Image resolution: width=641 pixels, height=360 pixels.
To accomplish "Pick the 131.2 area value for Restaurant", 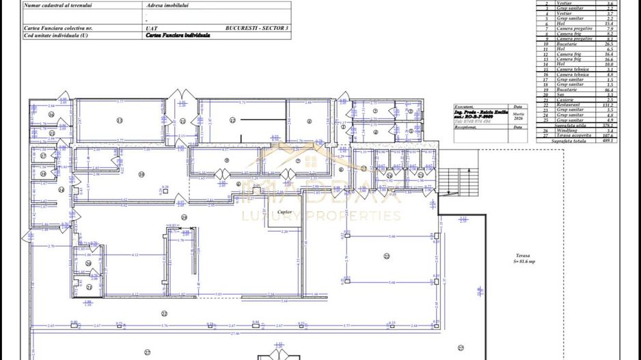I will [610, 105].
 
